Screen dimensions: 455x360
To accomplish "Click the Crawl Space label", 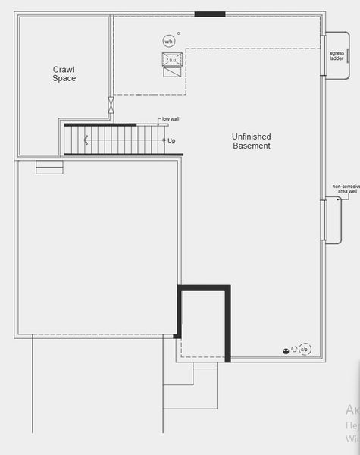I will (64, 74).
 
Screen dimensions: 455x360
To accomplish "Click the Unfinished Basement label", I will (251, 141).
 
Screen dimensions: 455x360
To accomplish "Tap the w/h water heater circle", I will (168, 41).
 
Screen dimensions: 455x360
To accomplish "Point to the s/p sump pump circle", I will (304, 349).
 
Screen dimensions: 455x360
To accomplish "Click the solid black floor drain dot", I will (286, 350).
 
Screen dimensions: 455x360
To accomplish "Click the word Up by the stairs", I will (171, 140).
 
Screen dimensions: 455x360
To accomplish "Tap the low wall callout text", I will (171, 120).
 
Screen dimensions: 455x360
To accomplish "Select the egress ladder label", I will (337, 55).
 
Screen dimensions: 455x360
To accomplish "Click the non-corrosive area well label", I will (344, 189).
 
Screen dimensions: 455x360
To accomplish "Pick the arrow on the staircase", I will (86, 140).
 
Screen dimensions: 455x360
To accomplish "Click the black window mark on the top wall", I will (209, 14).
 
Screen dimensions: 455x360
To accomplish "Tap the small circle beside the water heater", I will (179, 33).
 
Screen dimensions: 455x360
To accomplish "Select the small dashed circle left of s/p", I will (294, 350).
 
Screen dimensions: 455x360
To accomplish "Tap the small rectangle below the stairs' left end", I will (49, 169).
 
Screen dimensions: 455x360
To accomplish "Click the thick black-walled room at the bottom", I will (203, 322).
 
